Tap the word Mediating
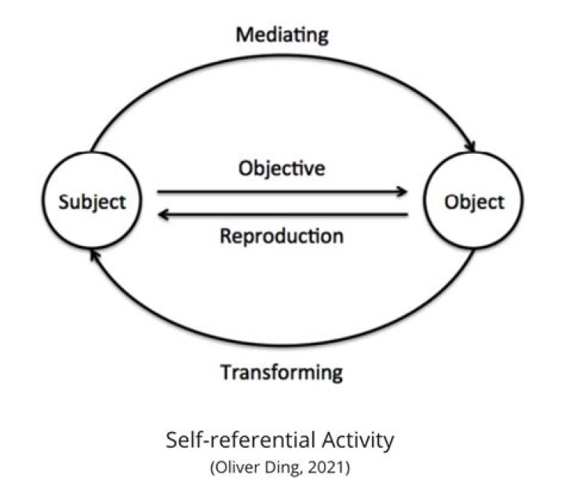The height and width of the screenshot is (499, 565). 282,36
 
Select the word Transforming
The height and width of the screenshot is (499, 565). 282,372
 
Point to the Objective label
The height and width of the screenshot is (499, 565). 282,168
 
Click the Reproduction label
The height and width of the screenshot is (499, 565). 282,237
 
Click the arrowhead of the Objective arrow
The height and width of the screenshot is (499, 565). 402,191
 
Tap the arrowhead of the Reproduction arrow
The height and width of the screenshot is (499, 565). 163,215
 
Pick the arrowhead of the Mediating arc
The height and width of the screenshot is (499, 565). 471,146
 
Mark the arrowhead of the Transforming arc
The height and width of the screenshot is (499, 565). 94,255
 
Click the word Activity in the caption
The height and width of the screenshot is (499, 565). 358,441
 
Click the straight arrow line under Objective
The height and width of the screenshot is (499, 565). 282,192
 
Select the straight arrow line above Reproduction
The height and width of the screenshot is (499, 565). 282,215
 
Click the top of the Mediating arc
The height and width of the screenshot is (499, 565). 282,56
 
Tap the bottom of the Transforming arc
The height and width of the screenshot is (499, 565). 282,345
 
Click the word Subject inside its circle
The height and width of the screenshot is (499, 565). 93,202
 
